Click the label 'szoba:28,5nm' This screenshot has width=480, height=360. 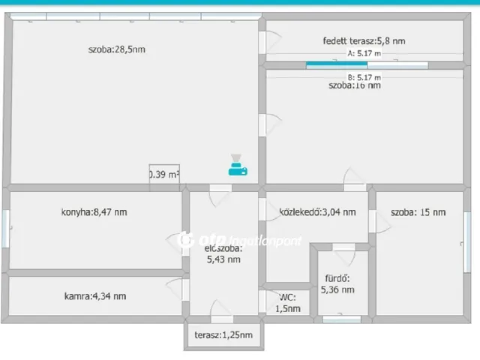point(116,50)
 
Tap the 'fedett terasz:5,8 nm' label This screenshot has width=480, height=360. point(364,41)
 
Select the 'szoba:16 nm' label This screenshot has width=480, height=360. point(354,85)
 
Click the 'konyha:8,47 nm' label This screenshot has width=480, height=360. point(94,212)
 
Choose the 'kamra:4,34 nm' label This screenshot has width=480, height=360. point(94,295)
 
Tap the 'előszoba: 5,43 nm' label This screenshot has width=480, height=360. point(223,253)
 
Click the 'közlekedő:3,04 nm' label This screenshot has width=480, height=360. point(316,212)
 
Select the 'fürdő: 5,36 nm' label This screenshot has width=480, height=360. point(337,283)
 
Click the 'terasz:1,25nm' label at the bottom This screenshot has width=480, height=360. point(223,335)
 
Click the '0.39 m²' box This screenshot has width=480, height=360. point(164,175)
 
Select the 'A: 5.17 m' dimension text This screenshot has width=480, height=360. point(364,54)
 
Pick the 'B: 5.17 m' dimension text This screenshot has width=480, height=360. point(364,76)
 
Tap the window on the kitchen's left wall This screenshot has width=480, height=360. point(6,228)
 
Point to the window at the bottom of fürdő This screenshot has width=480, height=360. point(340,319)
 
